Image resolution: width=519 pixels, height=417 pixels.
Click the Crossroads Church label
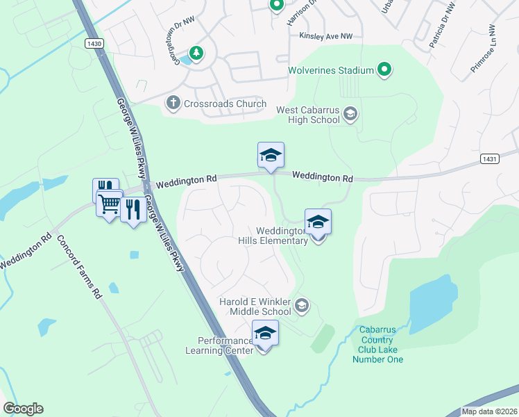tap(225, 104)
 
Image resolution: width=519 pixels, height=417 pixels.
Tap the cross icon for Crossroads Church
tap(173, 104)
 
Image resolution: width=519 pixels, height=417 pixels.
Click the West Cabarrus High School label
tap(308, 115)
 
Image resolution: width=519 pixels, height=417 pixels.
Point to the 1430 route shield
tap(94, 43)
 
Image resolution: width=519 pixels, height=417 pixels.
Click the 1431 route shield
tap(490, 159)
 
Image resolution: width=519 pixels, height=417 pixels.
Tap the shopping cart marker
tap(109, 204)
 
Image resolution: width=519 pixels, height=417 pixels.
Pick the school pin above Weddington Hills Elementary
tap(318, 223)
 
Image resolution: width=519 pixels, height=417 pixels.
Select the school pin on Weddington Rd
tap(271, 156)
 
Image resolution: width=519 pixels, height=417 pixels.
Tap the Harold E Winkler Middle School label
tap(255, 307)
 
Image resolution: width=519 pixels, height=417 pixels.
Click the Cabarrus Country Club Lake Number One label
tap(377, 345)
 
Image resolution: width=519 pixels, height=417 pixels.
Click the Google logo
tap(23, 409)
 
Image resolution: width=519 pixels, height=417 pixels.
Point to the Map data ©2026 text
tap(489, 411)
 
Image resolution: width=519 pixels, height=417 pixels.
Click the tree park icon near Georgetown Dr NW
tap(196, 52)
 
